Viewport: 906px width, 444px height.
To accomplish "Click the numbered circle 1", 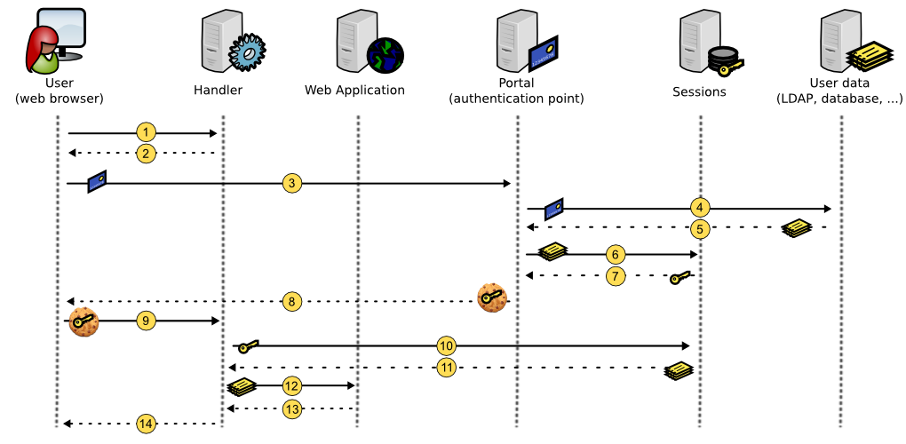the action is (x=147, y=133).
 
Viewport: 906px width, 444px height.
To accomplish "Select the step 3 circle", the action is (x=292, y=184).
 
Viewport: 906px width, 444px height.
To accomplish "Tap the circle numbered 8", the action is (x=292, y=301).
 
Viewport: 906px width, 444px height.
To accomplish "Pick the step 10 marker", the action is (x=446, y=345).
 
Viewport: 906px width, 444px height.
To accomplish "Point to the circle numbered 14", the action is (x=147, y=424).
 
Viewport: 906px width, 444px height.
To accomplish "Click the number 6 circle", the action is (x=616, y=254).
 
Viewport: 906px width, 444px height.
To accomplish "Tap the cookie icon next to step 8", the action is (x=492, y=298).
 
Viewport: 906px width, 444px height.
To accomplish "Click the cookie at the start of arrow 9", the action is (x=83, y=321).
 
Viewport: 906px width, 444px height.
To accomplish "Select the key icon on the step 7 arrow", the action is (x=680, y=278).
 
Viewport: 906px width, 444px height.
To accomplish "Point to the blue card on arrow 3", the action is (x=97, y=181).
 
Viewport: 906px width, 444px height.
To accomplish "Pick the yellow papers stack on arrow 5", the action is (x=797, y=227).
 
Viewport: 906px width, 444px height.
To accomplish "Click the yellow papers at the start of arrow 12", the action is (x=242, y=387).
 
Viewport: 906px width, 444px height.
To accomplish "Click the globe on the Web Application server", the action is (x=385, y=56).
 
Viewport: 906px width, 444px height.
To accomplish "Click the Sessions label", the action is (x=699, y=91).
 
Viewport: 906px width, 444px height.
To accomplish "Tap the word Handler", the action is (x=218, y=90).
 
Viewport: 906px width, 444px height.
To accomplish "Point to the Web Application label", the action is (x=354, y=90).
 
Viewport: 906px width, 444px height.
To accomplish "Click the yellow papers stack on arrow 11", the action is (x=679, y=370).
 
